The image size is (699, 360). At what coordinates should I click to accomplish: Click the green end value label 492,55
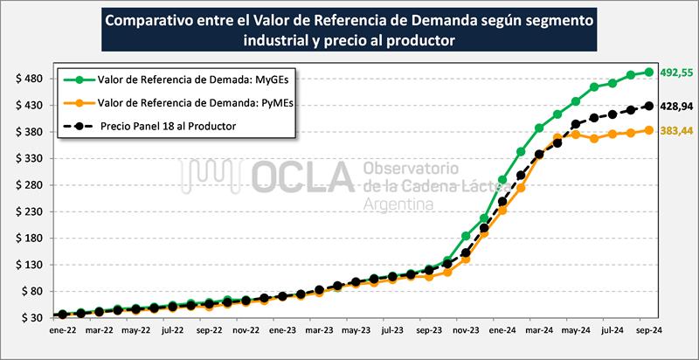[x=675, y=73]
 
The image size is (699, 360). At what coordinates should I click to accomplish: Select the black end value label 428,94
[x=675, y=106]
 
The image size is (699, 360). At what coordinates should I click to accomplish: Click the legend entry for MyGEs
[x=184, y=80]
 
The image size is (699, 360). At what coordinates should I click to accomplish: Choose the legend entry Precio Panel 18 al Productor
[x=167, y=127]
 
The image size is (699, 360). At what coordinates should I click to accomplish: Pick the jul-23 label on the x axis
[x=391, y=331]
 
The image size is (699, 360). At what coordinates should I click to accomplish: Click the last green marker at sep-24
[x=649, y=73]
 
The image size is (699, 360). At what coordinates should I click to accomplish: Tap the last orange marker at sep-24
[x=649, y=130]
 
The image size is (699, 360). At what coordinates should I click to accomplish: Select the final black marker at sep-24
[x=649, y=106]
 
